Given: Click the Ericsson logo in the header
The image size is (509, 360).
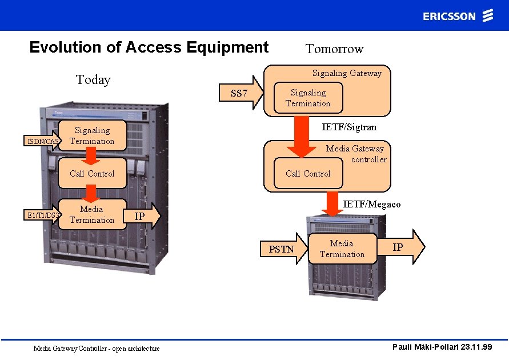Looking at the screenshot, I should (x=457, y=15).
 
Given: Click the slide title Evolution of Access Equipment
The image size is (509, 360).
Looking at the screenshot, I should (x=149, y=47).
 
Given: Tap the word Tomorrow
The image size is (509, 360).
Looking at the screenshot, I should (x=334, y=49).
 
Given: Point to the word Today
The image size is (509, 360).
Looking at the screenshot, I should (x=93, y=79).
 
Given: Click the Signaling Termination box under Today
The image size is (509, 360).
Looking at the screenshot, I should (x=92, y=136).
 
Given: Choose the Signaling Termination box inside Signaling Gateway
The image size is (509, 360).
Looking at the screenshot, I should (x=308, y=98).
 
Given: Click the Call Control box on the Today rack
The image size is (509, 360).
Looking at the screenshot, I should (x=92, y=174).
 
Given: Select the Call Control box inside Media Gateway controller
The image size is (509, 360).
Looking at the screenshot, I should (x=308, y=174).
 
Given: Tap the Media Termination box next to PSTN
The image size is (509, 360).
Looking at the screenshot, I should (x=342, y=249).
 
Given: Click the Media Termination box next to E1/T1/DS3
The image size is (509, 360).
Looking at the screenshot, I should (x=92, y=214).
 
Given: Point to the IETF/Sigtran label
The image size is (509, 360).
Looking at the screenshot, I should (x=349, y=127).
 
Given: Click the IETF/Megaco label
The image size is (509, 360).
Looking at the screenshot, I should (x=371, y=204).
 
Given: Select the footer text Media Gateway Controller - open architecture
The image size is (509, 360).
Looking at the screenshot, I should (x=97, y=348).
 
